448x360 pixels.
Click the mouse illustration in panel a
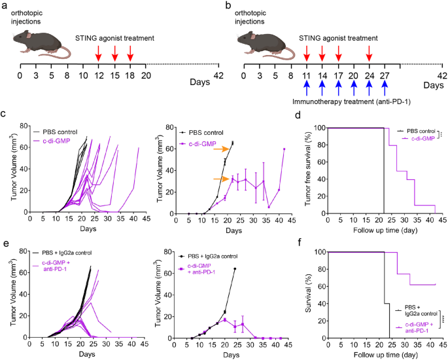(x=41, y=46)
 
